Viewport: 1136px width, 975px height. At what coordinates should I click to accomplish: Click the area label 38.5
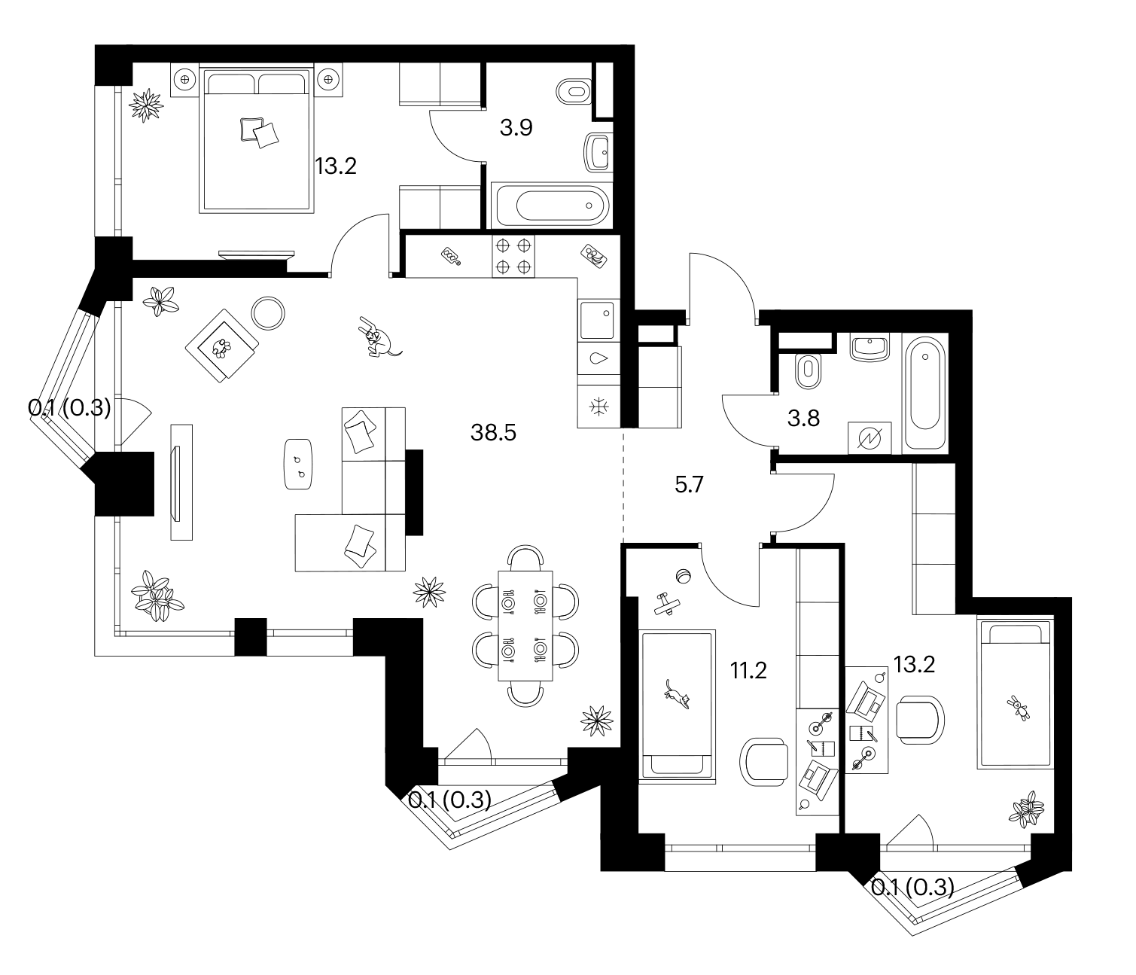tap(493, 433)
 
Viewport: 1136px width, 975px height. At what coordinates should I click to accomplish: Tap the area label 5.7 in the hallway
tap(689, 485)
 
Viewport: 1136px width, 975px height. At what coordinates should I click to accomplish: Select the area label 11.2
tap(748, 671)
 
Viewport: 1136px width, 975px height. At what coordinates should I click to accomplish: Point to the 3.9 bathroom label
tap(516, 127)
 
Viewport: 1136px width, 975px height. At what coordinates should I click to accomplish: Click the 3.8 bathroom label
tap(803, 419)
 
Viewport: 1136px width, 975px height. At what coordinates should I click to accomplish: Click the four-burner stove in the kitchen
tap(513, 256)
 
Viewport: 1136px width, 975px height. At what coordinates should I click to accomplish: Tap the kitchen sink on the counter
tap(598, 320)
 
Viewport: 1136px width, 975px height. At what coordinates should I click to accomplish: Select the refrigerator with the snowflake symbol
tap(598, 407)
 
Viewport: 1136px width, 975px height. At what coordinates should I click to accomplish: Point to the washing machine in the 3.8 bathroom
tap(870, 438)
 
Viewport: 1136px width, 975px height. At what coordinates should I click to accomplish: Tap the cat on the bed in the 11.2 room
tap(677, 695)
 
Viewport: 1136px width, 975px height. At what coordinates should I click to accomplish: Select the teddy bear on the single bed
tap(1019, 708)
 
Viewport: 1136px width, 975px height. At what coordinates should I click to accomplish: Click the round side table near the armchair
tap(268, 314)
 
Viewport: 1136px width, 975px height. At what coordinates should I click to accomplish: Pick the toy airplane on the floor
tap(666, 604)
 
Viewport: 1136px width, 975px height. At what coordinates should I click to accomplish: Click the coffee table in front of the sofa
tap(298, 464)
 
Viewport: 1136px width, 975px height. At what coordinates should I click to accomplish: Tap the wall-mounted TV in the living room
tap(176, 483)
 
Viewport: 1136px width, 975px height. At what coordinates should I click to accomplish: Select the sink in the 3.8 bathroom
tap(870, 349)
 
